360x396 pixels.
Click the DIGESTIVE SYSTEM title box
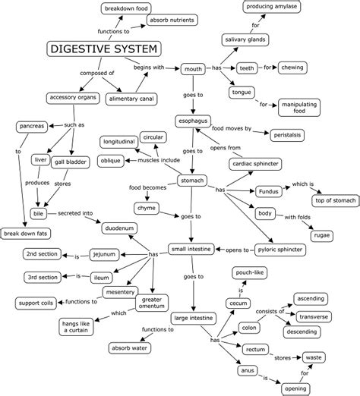105,50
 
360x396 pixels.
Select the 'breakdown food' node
126,8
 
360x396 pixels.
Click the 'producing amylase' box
274,8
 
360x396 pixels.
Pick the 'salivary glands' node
244,39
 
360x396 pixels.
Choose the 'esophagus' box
193,119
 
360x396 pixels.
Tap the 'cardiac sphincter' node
257,163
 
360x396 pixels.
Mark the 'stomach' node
193,181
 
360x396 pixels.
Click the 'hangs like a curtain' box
77,327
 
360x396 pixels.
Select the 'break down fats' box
25,233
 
